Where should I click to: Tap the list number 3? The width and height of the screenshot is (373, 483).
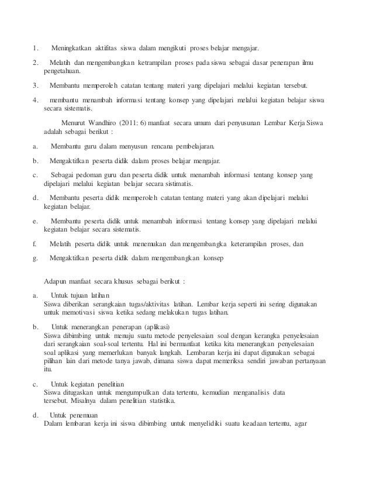[35, 84]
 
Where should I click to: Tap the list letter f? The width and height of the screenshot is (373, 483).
[34, 244]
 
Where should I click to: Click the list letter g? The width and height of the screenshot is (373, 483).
[35, 258]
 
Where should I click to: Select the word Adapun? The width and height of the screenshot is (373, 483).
[57, 281]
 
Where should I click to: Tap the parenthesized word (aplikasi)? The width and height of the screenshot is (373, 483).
[167, 326]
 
